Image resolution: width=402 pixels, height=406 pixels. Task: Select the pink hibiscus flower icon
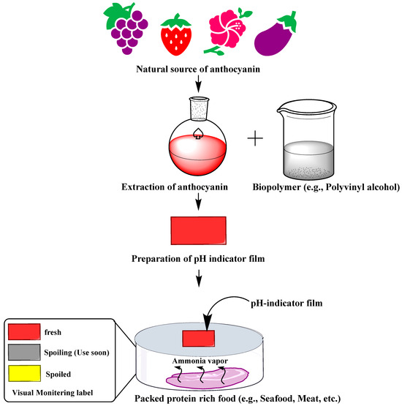pos(228,32)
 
